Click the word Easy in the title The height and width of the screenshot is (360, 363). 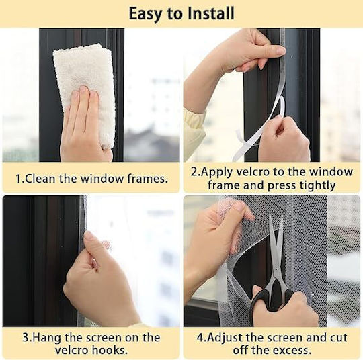(x=146, y=14)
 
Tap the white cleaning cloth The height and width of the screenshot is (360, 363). (x=85, y=93)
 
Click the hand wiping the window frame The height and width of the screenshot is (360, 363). (x=85, y=125)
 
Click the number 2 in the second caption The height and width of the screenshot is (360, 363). (x=194, y=172)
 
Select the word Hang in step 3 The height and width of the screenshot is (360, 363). (x=47, y=338)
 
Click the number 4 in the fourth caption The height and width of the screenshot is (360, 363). (x=200, y=338)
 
